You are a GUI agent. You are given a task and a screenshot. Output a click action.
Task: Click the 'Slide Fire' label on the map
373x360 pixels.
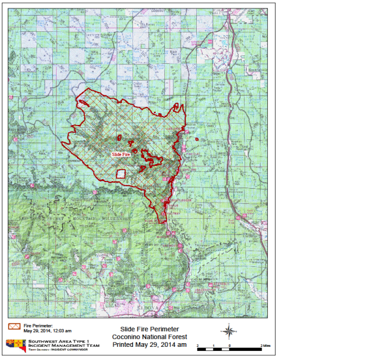[x=122, y=154]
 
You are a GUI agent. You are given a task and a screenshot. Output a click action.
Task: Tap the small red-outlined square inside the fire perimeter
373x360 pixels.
[x=120, y=174]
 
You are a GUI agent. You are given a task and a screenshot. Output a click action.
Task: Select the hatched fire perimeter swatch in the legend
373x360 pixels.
[x=14, y=326]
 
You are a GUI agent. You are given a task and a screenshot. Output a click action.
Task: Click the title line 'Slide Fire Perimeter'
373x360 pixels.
[x=150, y=329]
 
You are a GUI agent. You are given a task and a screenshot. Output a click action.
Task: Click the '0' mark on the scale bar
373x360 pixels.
[x=229, y=347]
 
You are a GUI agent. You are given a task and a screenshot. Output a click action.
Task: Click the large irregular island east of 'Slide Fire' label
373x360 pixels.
[x=152, y=157]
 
